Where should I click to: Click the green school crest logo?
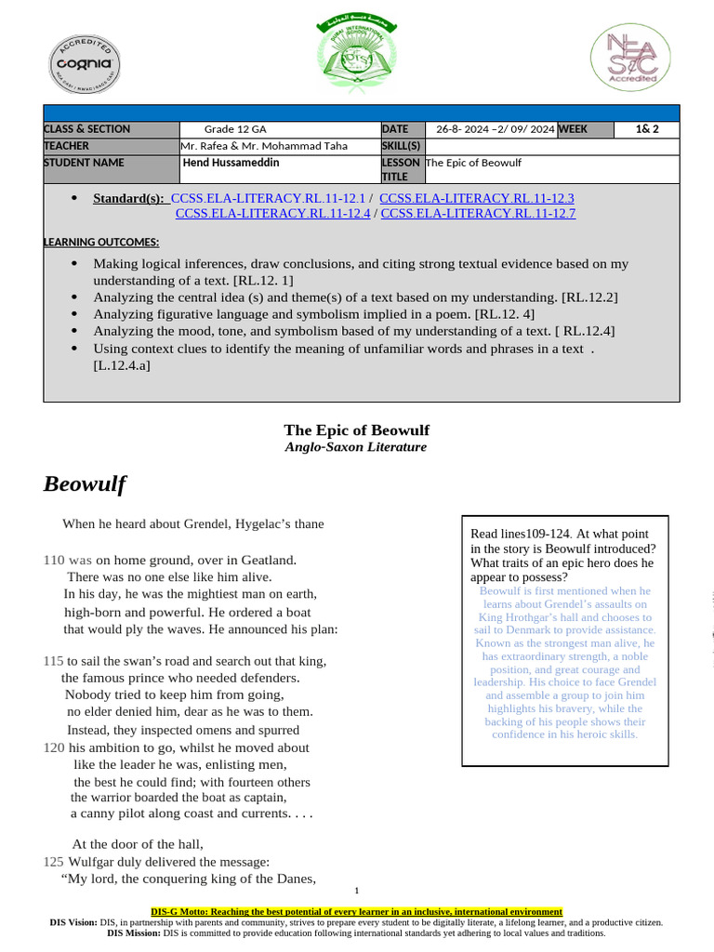pyautogui.click(x=356, y=57)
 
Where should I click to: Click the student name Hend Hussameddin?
pyautogui.click(x=232, y=163)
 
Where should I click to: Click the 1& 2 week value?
pyautogui.click(x=647, y=129)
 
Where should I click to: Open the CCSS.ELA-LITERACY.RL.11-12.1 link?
pyautogui.click(x=269, y=198)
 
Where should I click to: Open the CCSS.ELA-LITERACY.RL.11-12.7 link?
pyautogui.click(x=478, y=213)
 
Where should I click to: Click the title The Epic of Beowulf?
pyautogui.click(x=356, y=430)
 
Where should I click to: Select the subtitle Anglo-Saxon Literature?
pyautogui.click(x=356, y=447)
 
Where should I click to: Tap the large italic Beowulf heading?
pyautogui.click(x=85, y=484)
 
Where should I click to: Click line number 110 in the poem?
pyautogui.click(x=54, y=560)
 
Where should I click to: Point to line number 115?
pyautogui.click(x=54, y=661)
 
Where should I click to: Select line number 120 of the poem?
pyautogui.click(x=54, y=747)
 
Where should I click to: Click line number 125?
pyautogui.click(x=54, y=862)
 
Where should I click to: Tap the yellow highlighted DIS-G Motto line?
pyautogui.click(x=356, y=912)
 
